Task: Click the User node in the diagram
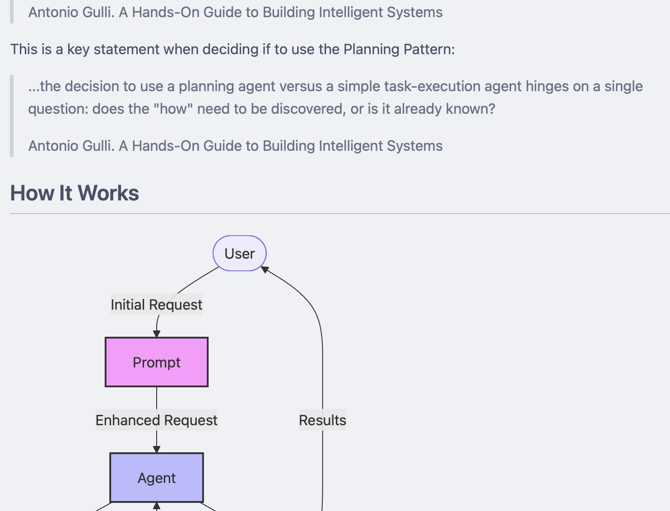tap(239, 253)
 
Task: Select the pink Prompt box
tap(156, 362)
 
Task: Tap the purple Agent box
tap(156, 478)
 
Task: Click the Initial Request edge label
tap(156, 305)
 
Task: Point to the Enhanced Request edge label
tap(156, 420)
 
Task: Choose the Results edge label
tap(322, 420)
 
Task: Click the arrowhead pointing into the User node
tap(265, 269)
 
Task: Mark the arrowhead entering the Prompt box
tap(157, 334)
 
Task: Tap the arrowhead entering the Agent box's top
tap(157, 450)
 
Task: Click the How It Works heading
tap(74, 193)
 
